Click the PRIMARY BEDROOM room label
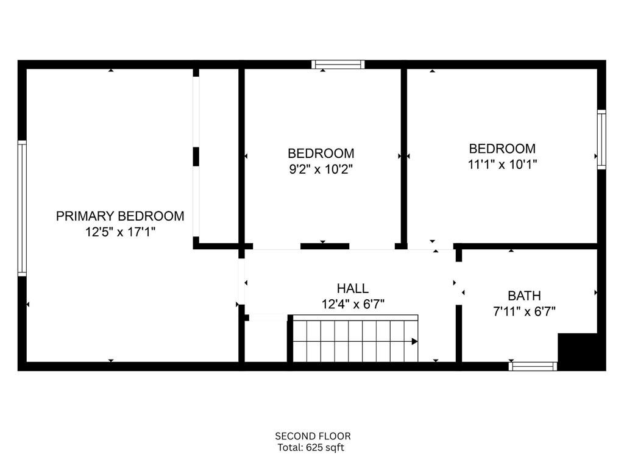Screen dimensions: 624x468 point(120,216)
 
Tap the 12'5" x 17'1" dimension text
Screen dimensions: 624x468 point(120,232)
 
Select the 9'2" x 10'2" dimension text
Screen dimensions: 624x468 point(321,169)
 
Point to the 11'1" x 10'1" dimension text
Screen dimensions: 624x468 point(502,164)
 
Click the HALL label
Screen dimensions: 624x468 point(353,288)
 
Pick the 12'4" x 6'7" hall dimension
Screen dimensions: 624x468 point(353,304)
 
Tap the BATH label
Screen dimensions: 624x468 point(524,296)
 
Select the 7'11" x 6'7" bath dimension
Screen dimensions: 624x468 point(524,311)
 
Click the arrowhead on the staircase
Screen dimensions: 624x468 point(414,341)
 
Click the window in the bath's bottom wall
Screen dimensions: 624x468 point(533,366)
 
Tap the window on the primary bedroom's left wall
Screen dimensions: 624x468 point(23,208)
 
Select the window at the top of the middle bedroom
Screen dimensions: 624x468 point(338,65)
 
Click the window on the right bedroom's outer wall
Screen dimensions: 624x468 point(601,140)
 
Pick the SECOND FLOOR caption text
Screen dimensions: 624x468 point(313,436)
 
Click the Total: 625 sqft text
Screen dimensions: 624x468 point(311,448)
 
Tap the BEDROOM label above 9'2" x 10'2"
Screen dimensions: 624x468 point(321,153)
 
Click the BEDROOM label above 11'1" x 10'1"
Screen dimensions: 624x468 point(502,149)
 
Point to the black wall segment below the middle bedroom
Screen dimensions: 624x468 point(325,246)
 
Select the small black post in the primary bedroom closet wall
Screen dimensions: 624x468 point(196,157)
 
